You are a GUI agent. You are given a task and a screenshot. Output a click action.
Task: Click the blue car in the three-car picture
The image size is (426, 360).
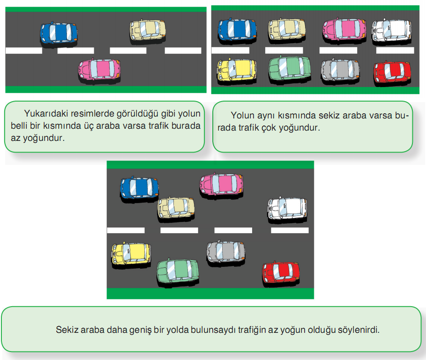59,33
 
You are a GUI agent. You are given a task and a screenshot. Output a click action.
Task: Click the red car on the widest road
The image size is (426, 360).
281,271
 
